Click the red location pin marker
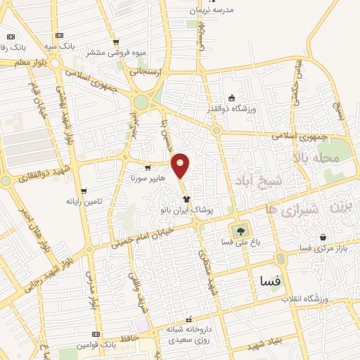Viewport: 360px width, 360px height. pos(181,165)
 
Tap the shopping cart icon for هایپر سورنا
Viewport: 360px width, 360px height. pos(148,168)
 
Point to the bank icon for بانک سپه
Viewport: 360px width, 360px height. pos(58,35)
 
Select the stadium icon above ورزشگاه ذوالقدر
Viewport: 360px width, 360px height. pos(232,98)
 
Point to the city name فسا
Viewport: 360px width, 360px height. pos(270,280)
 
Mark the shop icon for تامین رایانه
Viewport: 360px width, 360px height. pos(84,191)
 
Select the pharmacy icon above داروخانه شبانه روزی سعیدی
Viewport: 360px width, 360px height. pos(187,319)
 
